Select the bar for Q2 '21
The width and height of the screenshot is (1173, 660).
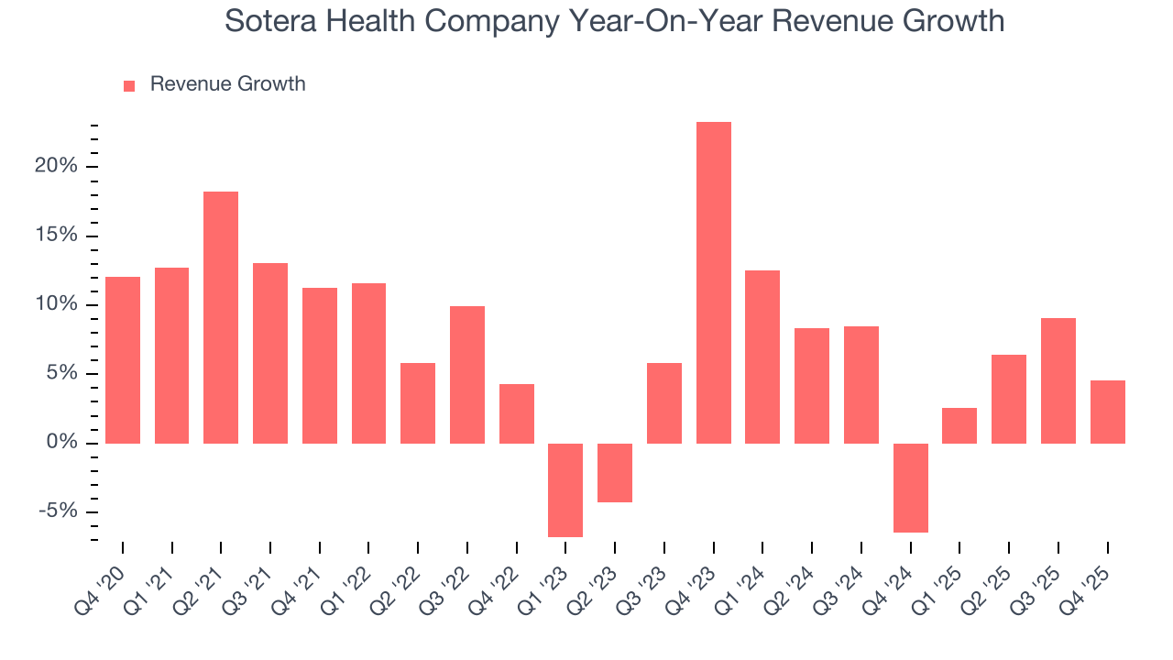click(221, 317)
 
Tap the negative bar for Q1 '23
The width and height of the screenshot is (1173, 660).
click(565, 489)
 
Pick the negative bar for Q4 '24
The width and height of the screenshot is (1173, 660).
click(911, 488)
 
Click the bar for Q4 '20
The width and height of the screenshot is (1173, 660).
click(123, 359)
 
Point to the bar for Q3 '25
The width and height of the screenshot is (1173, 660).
click(1058, 380)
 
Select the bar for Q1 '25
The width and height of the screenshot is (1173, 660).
click(959, 425)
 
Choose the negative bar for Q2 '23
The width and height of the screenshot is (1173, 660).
click(615, 472)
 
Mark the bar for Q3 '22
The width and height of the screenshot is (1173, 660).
click(467, 374)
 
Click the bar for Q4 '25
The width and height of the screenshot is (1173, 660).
click(1108, 412)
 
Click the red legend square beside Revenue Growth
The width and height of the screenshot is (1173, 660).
click(129, 85)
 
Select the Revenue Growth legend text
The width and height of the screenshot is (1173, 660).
click(227, 84)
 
